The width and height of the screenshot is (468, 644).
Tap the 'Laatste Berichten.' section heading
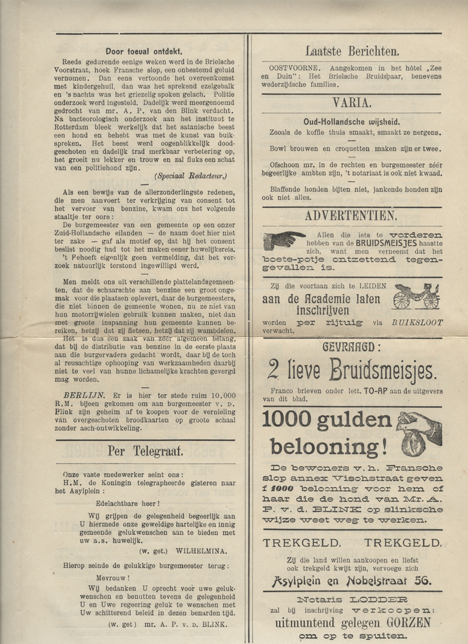(x=351, y=51)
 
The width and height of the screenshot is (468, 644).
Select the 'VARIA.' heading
(x=351, y=102)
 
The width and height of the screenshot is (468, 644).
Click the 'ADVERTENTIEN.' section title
(x=351, y=216)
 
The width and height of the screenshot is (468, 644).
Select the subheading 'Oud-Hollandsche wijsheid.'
(x=351, y=121)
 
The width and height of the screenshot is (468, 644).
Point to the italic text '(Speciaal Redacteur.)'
(x=190, y=175)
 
